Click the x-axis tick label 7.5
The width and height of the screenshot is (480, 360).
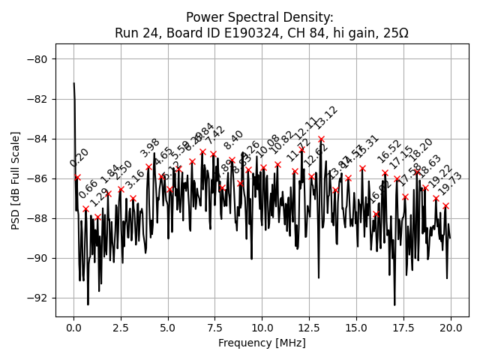[x=215, y=328]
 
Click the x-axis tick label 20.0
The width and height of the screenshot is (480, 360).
[x=451, y=328]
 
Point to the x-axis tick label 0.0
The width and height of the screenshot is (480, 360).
[x=73, y=328]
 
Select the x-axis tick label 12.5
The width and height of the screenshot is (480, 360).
[x=309, y=328]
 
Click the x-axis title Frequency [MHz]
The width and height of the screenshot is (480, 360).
[x=262, y=343]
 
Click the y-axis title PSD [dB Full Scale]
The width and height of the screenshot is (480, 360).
[x=16, y=179]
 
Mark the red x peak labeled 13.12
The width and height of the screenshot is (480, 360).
[x=321, y=139]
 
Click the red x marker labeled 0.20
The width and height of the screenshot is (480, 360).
[x=77, y=177]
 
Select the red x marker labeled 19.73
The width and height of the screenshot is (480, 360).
[x=445, y=205]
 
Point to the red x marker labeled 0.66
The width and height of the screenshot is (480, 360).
[x=85, y=208]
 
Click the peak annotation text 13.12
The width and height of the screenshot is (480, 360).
[x=327, y=117]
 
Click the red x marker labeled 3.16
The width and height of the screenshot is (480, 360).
[x=133, y=198]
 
